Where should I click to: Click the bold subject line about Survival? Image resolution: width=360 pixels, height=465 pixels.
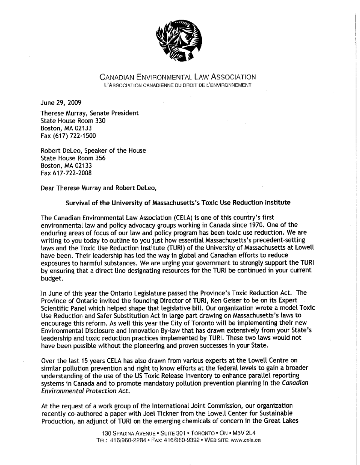(178, 202)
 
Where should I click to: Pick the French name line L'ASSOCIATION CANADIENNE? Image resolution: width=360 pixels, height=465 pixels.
(178, 85)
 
